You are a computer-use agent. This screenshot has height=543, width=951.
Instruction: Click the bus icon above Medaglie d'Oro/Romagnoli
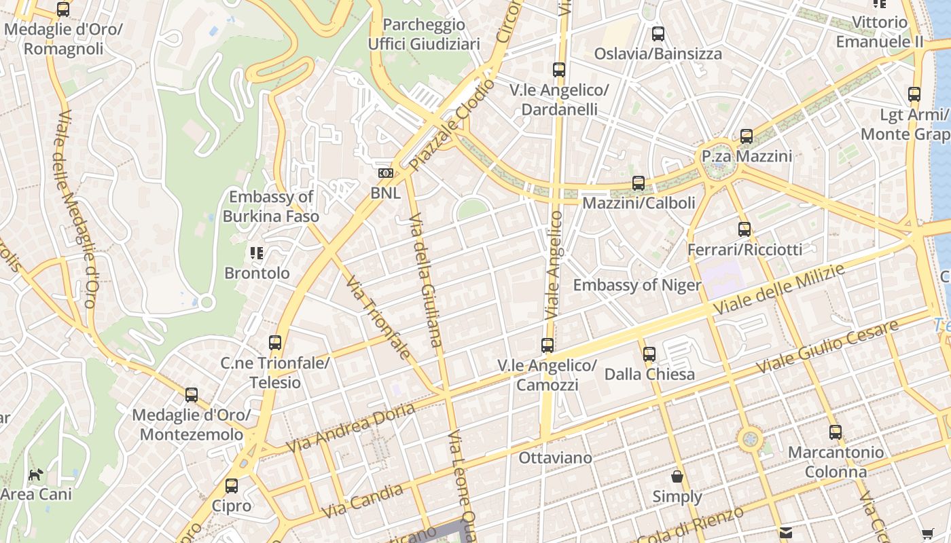pos(63,10)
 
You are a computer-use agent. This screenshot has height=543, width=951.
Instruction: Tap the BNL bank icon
pos(385,173)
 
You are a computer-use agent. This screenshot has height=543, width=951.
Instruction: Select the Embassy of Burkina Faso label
pos(271,207)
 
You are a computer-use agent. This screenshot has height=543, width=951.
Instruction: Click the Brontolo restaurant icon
pos(257,253)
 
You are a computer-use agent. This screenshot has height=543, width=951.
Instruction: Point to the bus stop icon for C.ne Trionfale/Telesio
pos(275,343)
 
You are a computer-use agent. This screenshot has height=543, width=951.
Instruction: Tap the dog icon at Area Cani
pos(35,474)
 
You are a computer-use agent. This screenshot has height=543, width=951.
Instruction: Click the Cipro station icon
pos(232,486)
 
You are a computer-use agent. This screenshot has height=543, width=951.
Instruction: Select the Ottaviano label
pos(555,458)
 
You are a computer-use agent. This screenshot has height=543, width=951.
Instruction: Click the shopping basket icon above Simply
pos(677,476)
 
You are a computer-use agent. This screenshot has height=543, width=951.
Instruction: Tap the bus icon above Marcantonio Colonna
pos(836,432)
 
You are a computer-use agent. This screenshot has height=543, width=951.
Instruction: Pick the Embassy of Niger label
pos(636,285)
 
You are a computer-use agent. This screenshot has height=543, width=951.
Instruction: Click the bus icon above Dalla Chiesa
pos(649,354)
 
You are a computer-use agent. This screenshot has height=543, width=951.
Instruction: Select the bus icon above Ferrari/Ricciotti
pos(744,229)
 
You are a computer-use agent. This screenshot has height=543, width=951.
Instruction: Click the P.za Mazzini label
pos(747,157)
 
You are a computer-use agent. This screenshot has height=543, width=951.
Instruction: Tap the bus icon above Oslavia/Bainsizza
pos(658,34)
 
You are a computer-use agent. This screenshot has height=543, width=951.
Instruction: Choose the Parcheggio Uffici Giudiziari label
pos(424,35)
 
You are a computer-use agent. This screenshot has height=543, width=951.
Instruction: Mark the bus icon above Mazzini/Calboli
pos(639,183)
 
